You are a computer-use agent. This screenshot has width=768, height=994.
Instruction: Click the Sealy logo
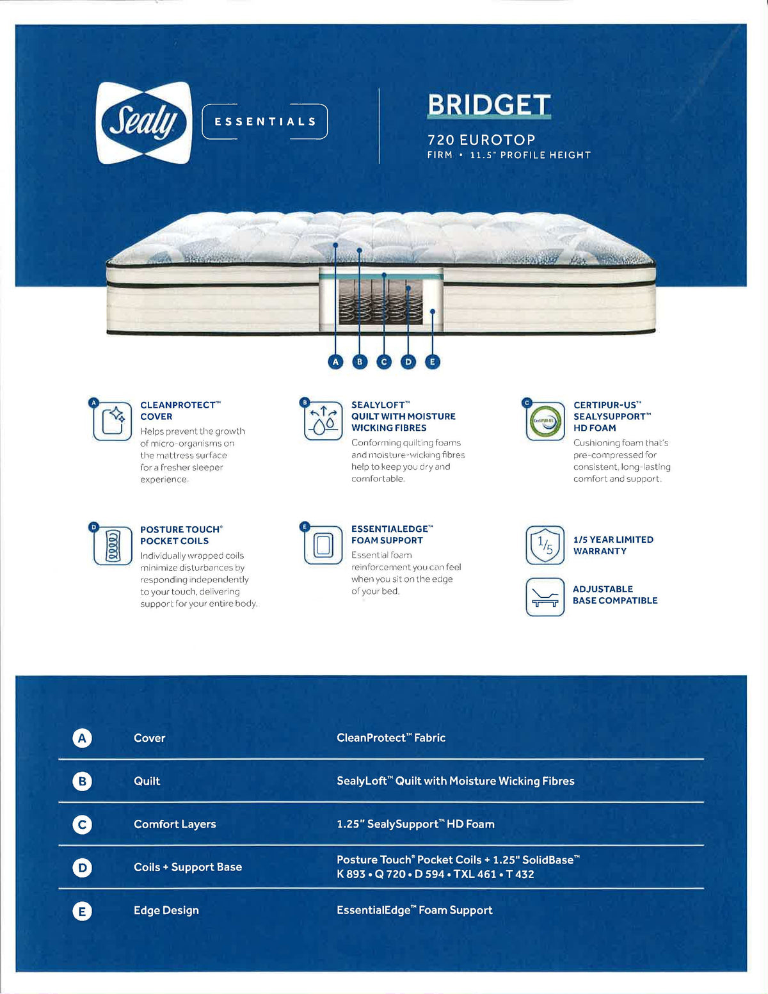(144, 122)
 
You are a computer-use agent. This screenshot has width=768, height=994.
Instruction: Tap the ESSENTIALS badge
(265, 122)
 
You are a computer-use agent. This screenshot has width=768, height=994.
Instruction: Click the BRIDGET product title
(489, 105)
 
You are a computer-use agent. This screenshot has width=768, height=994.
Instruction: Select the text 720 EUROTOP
(481, 140)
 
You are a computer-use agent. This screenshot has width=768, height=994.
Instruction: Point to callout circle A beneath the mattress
(335, 362)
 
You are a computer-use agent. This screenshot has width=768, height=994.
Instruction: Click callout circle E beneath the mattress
(433, 362)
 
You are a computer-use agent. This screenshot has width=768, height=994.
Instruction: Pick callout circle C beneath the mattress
(384, 362)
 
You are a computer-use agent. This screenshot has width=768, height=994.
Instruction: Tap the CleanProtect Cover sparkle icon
(113, 421)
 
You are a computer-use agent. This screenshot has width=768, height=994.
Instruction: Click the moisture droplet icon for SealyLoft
(324, 421)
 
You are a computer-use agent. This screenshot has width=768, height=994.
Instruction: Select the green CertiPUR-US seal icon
(545, 421)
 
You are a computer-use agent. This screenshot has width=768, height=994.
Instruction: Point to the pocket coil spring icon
(113, 546)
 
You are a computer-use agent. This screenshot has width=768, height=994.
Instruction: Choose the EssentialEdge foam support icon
(324, 545)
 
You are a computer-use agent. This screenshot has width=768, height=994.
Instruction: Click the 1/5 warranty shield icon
(545, 545)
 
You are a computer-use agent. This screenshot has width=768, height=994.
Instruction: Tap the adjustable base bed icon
(545, 597)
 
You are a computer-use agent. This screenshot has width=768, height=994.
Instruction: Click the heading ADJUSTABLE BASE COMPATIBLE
(614, 595)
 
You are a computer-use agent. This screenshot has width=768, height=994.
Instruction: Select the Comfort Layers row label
(175, 824)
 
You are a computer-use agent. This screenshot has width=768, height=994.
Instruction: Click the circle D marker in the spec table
(82, 867)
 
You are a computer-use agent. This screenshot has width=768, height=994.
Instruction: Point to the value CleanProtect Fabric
(391, 737)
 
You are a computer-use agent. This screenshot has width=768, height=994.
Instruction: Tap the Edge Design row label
(166, 910)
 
